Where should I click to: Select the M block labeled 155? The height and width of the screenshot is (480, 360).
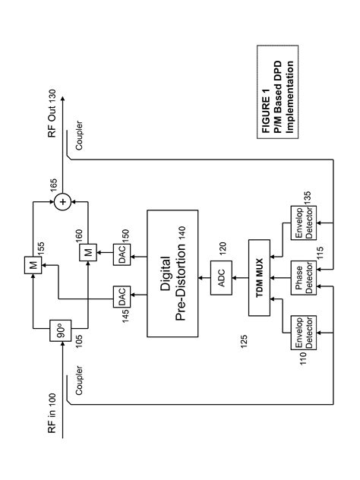click(34, 266)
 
